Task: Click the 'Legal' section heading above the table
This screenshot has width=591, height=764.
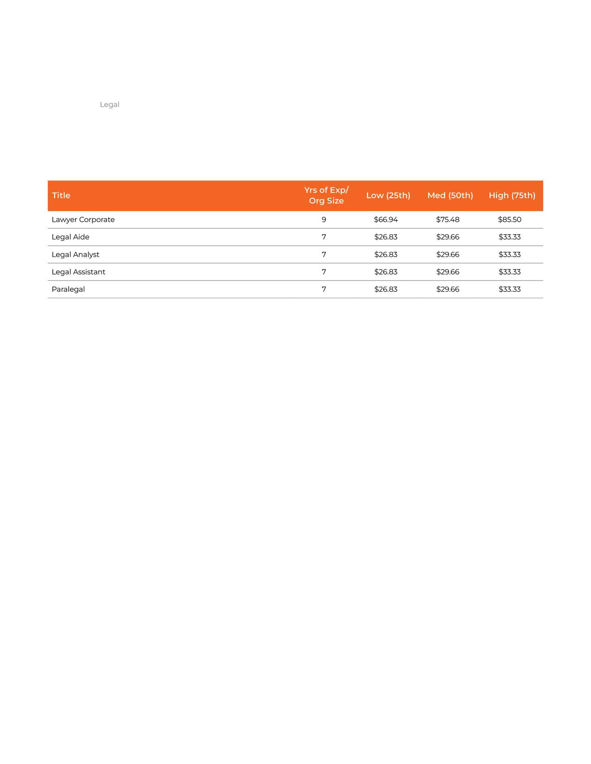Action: coord(109,105)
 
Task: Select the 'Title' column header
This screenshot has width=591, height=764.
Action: coord(61,195)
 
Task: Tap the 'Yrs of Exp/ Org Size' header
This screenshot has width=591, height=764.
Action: coord(326,195)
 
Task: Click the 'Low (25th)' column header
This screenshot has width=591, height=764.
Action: coord(388,195)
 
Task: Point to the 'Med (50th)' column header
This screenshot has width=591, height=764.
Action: coord(450,195)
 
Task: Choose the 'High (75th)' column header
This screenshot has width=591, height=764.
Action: coord(512,195)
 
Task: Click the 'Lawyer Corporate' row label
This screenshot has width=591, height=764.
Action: coord(83,219)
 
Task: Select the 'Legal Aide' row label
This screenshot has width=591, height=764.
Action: coord(70,237)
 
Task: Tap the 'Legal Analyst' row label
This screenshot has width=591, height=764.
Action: coord(76,255)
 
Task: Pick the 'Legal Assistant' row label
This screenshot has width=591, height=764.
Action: coord(78,272)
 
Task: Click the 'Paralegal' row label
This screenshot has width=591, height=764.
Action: coord(68,289)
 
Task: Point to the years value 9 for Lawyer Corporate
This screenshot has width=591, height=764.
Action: coord(324,219)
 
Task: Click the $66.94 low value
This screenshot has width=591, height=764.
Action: coord(386,219)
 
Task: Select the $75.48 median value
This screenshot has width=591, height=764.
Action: coord(448,219)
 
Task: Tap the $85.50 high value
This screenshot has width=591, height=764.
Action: coord(509,219)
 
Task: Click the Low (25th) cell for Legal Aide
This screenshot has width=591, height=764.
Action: coord(386,237)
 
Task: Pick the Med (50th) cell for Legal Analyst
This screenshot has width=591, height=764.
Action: coord(448,255)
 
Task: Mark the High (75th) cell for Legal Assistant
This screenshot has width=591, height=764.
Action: coord(509,272)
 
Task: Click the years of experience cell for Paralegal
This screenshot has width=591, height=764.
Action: coord(324,289)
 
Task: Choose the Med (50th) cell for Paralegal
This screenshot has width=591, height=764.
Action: coord(448,289)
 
